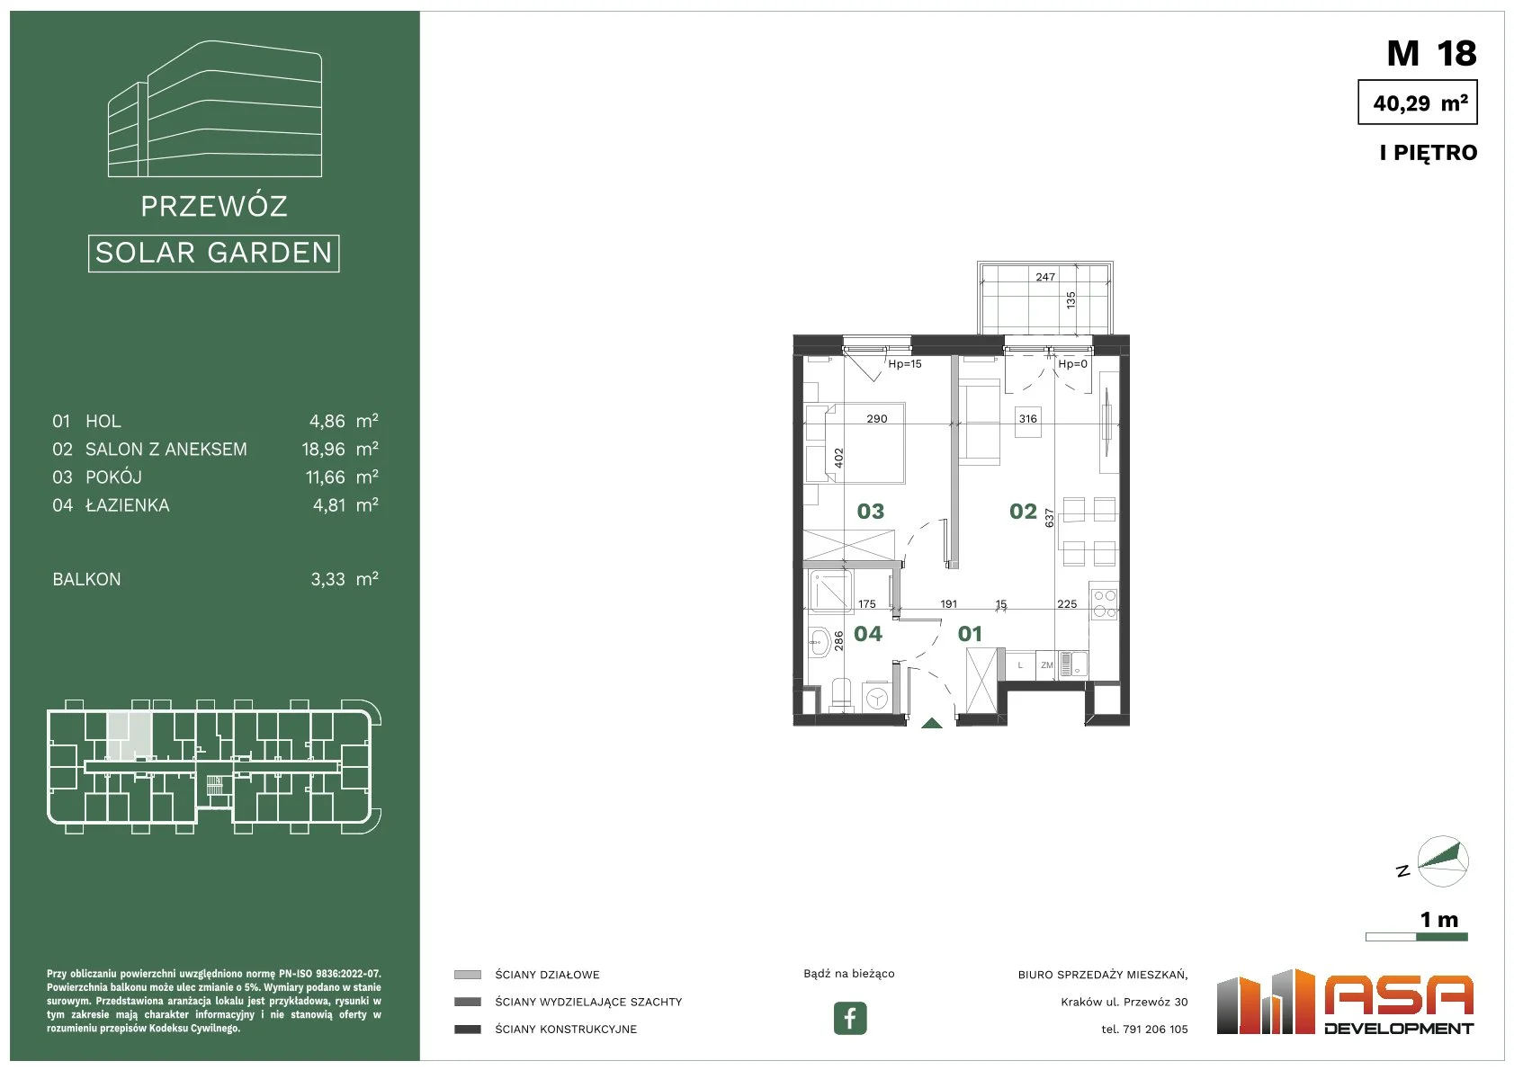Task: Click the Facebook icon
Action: (x=849, y=1018)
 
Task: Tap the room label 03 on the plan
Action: (x=871, y=512)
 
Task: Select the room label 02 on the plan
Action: (x=1023, y=512)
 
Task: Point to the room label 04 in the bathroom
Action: (x=868, y=634)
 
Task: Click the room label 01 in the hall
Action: (x=970, y=634)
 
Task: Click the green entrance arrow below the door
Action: (x=932, y=723)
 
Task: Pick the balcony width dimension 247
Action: (x=1045, y=277)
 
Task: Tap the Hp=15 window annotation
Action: (x=905, y=364)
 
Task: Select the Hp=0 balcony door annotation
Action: (x=1072, y=364)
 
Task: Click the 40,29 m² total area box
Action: (x=1418, y=102)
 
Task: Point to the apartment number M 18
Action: (x=1431, y=53)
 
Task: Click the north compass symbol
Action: (x=1442, y=861)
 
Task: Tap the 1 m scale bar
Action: (x=1417, y=937)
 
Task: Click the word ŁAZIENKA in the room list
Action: (x=127, y=505)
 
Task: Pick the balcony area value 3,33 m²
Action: (x=345, y=579)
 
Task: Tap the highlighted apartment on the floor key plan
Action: (x=130, y=736)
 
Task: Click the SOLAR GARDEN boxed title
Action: (x=213, y=253)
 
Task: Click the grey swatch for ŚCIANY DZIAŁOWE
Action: (x=467, y=975)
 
